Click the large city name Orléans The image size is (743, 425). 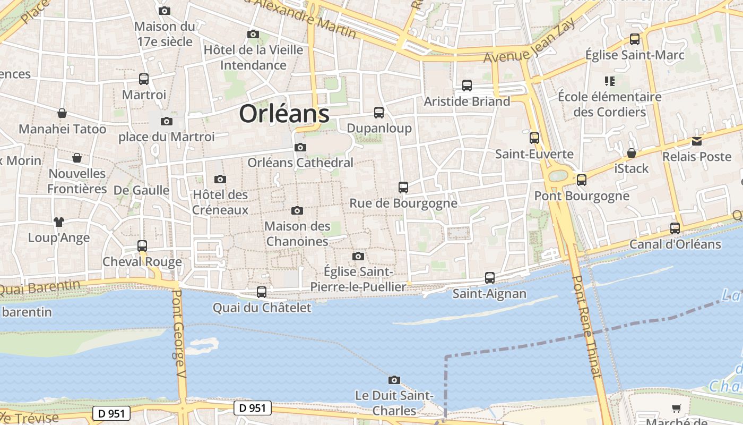(x=284, y=114)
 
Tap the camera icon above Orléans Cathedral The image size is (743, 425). (x=300, y=147)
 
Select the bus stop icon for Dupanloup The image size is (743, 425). (x=379, y=112)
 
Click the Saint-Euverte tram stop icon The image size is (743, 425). (x=534, y=138)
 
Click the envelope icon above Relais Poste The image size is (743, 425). (x=696, y=141)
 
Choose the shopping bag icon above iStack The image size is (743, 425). (x=632, y=153)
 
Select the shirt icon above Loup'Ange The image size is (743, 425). (x=58, y=222)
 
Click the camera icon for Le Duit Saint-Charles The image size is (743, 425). (x=394, y=379)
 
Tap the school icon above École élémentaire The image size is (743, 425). (x=609, y=81)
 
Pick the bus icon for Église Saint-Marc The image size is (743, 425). (x=635, y=39)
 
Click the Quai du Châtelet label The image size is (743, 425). (x=262, y=308)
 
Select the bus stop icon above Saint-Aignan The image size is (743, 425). (x=490, y=278)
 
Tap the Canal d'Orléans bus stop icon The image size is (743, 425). (x=675, y=228)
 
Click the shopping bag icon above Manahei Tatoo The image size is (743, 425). (x=62, y=113)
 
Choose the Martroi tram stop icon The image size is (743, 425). (x=144, y=79)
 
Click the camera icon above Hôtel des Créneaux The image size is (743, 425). (x=220, y=179)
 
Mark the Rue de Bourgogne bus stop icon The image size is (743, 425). (x=403, y=188)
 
